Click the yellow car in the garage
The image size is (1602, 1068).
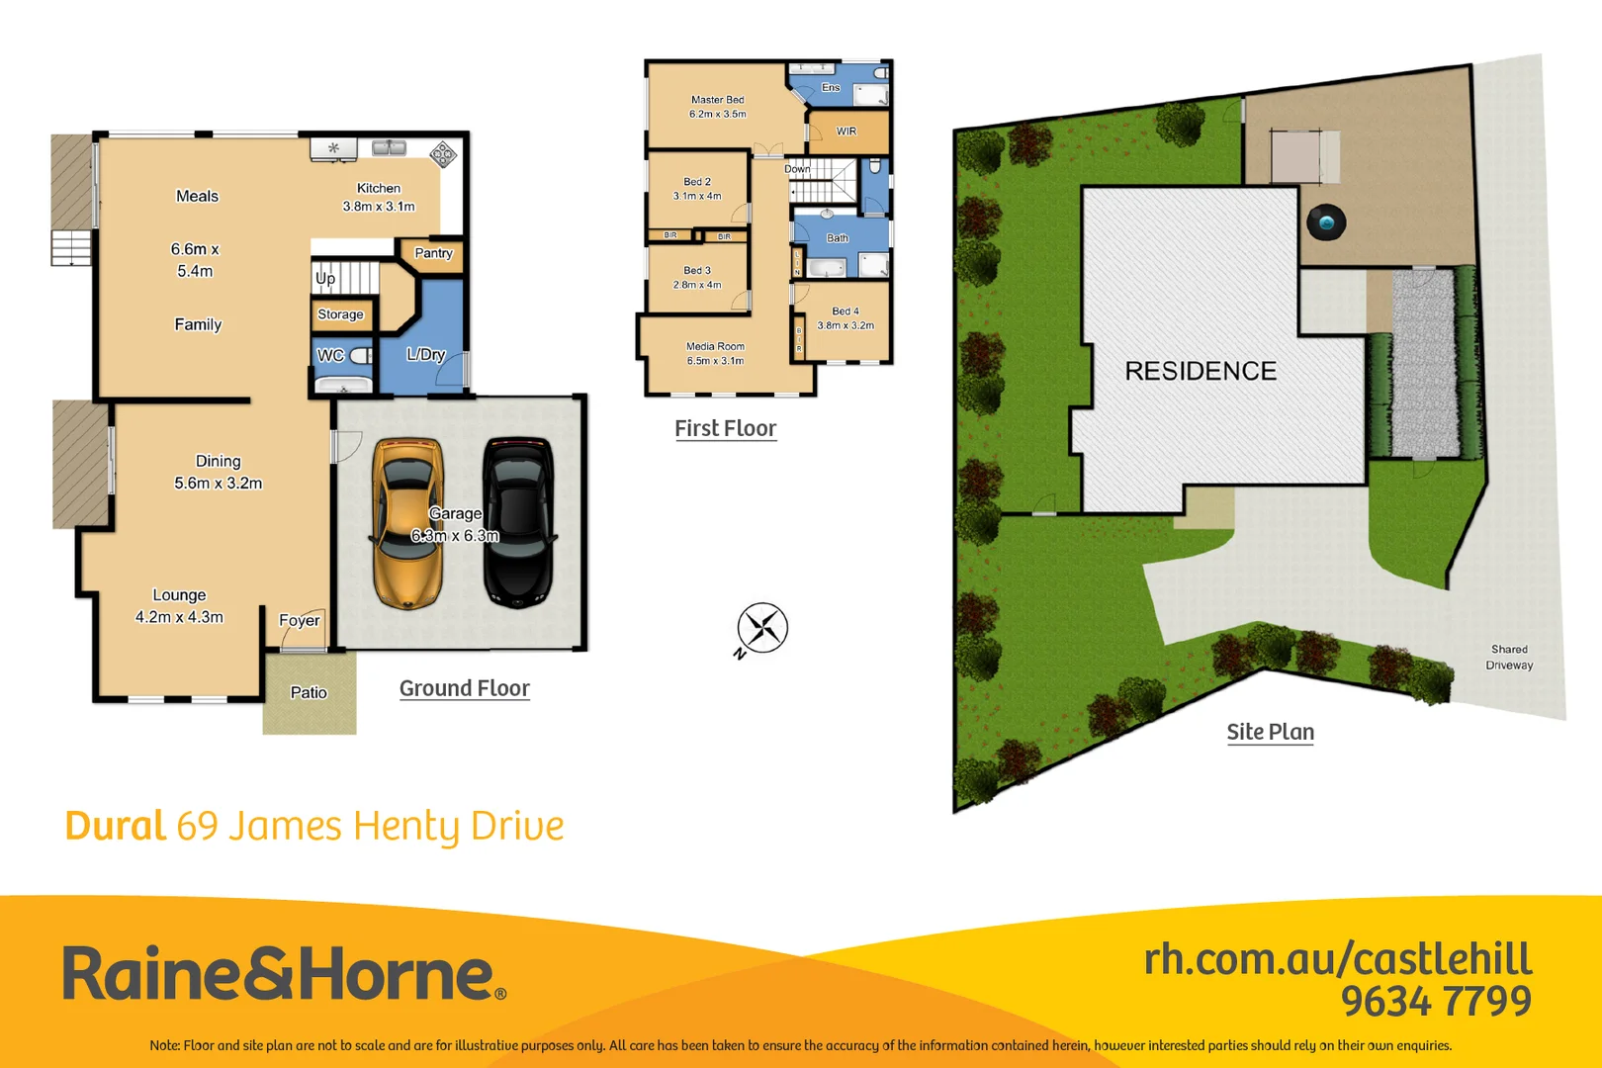tap(406, 524)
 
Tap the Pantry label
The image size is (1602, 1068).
tap(433, 253)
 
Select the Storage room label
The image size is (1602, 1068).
tap(340, 314)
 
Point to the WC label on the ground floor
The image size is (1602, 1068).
tap(330, 355)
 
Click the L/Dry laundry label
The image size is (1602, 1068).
tap(426, 354)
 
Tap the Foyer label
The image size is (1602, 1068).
tap(299, 620)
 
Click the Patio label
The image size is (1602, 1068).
tap(309, 692)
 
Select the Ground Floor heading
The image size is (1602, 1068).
tap(465, 688)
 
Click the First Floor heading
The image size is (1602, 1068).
tap(726, 428)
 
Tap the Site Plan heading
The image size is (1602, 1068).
tap(1271, 732)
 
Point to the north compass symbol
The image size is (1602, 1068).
tap(762, 628)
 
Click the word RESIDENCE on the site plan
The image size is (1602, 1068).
tap(1201, 371)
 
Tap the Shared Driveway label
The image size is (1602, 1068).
tap(1509, 658)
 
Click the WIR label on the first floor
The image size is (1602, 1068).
tap(846, 131)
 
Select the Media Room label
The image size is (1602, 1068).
tap(715, 346)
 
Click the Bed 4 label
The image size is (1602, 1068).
tap(845, 311)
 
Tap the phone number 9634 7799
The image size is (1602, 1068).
tap(1436, 1001)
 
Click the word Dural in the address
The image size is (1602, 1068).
tap(115, 826)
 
